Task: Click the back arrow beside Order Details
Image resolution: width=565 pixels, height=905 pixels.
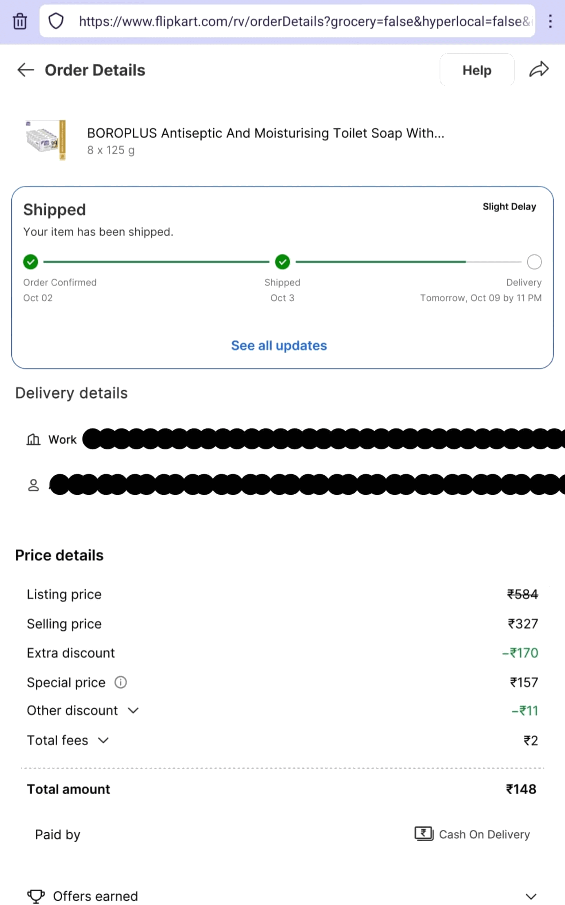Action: click(25, 70)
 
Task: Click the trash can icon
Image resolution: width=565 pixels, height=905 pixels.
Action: click(20, 21)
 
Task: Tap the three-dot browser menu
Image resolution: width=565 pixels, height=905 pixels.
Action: click(550, 21)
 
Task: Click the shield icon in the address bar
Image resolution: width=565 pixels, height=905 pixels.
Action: click(56, 21)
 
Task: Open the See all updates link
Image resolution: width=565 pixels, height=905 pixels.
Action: click(279, 346)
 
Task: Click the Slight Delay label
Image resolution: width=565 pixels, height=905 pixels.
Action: click(509, 207)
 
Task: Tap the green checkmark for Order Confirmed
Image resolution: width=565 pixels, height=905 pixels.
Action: click(31, 262)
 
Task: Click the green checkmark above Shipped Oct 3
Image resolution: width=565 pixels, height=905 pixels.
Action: click(282, 262)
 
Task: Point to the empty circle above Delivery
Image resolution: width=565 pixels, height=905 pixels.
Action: click(534, 262)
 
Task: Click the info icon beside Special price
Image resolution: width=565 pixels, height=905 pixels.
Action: click(120, 682)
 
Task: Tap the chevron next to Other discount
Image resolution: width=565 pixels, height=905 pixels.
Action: click(133, 710)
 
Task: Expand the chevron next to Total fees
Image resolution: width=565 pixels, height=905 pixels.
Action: click(103, 740)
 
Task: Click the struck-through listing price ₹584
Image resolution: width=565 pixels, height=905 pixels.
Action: click(522, 594)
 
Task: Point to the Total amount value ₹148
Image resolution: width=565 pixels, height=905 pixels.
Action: click(521, 789)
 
